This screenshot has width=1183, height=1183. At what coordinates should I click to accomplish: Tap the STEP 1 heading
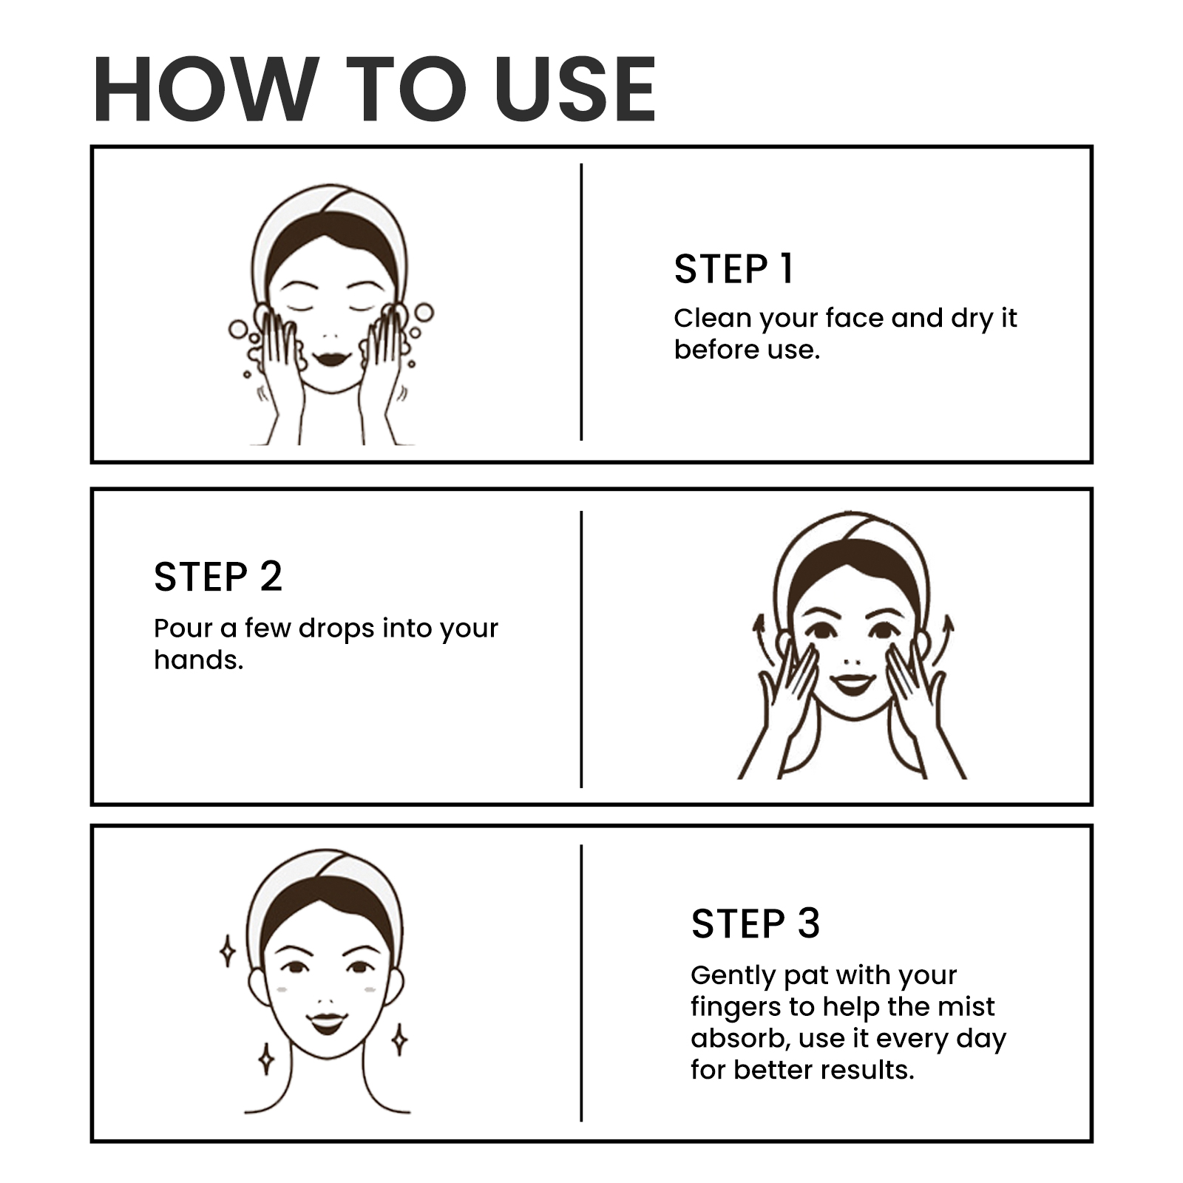[733, 268]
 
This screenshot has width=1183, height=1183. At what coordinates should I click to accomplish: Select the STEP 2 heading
[218, 577]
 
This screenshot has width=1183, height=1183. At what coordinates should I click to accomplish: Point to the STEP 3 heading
[756, 923]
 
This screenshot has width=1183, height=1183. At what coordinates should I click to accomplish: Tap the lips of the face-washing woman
[330, 359]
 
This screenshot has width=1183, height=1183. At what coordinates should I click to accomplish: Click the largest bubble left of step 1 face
[239, 329]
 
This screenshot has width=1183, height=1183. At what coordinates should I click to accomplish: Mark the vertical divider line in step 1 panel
[581, 302]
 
